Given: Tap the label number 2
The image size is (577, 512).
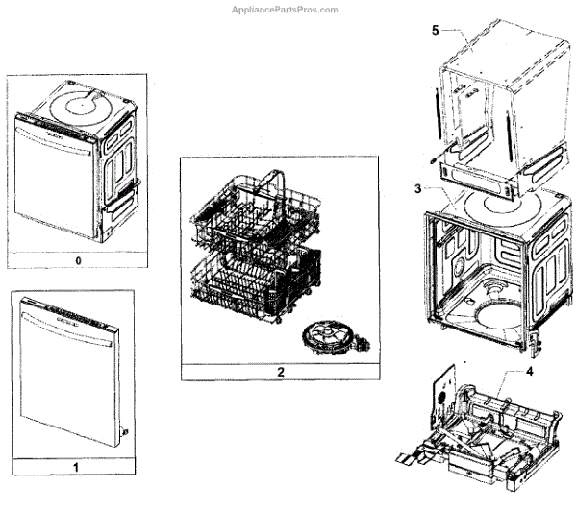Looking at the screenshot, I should point(279,370).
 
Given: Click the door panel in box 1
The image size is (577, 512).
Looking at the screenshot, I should point(72,384).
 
